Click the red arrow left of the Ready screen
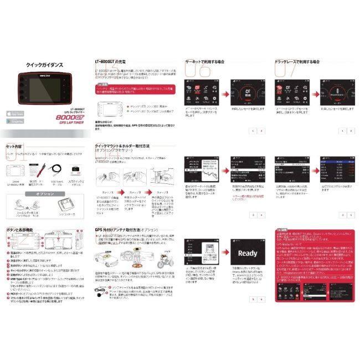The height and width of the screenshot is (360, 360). point(220,254)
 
